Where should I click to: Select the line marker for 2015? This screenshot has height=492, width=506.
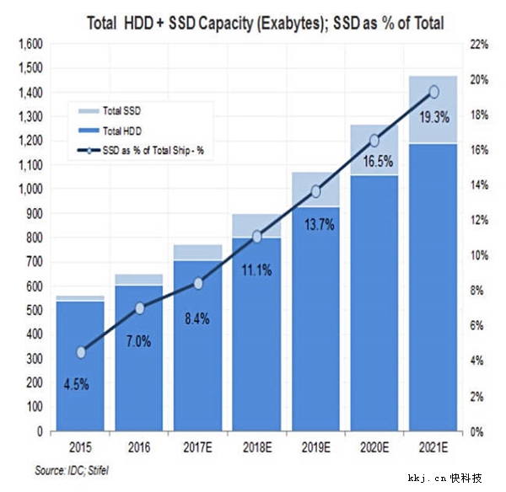click(81, 352)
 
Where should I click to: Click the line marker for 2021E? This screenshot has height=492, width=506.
click(433, 92)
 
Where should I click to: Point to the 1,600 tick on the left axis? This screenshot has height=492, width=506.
click(29, 43)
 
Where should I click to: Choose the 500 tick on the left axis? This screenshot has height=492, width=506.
click(33, 310)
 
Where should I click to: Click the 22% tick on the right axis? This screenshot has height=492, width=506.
click(477, 43)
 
